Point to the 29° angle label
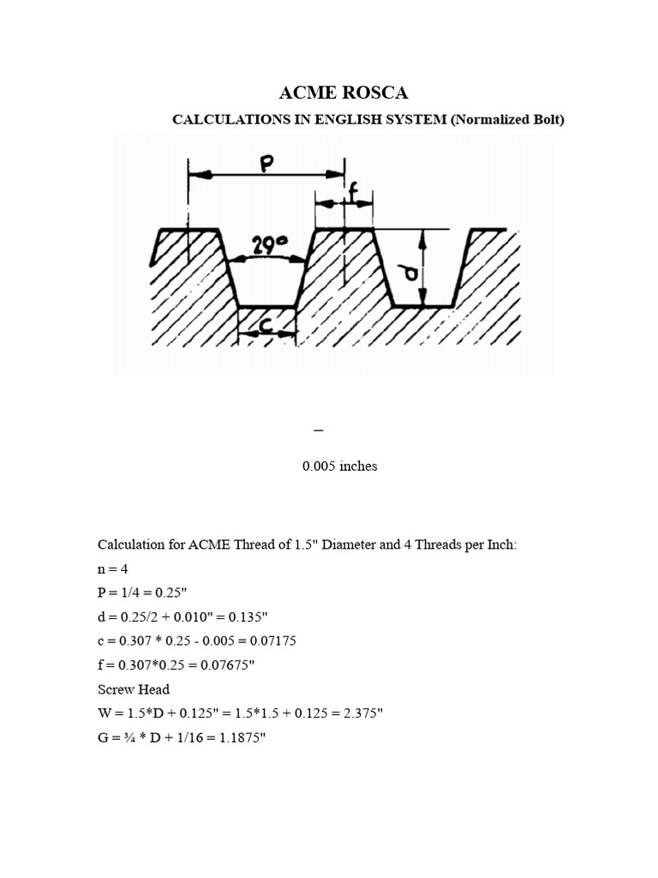click(x=268, y=247)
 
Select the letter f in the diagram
click(x=352, y=193)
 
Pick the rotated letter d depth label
click(x=410, y=273)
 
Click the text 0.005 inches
click(x=339, y=466)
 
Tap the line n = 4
click(x=116, y=568)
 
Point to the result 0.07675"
click(x=233, y=665)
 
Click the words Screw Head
click(x=134, y=689)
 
